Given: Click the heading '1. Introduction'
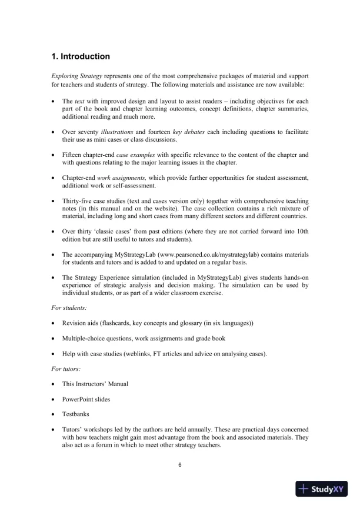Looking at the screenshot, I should coord(81,57).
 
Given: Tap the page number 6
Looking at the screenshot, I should coord(180,466).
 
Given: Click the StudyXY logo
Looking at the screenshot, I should coord(322,488).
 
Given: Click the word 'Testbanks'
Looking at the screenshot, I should coord(76,414).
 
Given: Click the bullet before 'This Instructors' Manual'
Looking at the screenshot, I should coord(54,383).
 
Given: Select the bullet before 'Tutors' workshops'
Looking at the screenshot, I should coord(54,429).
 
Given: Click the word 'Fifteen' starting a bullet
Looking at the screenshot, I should coord(72,155).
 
